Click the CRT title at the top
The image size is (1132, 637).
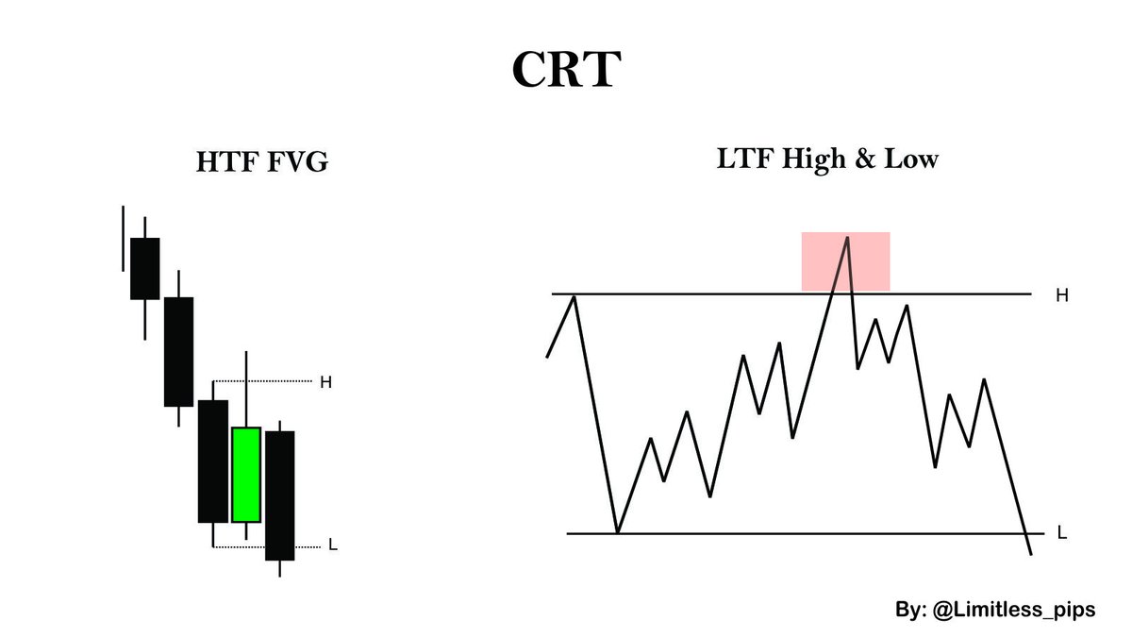(565, 70)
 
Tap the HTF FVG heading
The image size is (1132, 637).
(261, 162)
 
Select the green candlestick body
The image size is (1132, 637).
(246, 475)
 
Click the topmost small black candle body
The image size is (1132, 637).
(144, 268)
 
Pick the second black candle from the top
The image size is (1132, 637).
(178, 351)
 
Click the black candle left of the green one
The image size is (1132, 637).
(213, 461)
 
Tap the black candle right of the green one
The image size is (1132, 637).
(280, 495)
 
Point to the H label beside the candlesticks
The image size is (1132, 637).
(325, 382)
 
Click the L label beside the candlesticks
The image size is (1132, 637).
(332, 545)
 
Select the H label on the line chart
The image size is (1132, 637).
(1061, 295)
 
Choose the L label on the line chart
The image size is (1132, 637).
(1062, 534)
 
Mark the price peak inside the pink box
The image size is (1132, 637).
(847, 239)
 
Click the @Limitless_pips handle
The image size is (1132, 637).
(1008, 610)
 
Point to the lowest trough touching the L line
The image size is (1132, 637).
(618, 532)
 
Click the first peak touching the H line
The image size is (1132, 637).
(574, 296)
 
